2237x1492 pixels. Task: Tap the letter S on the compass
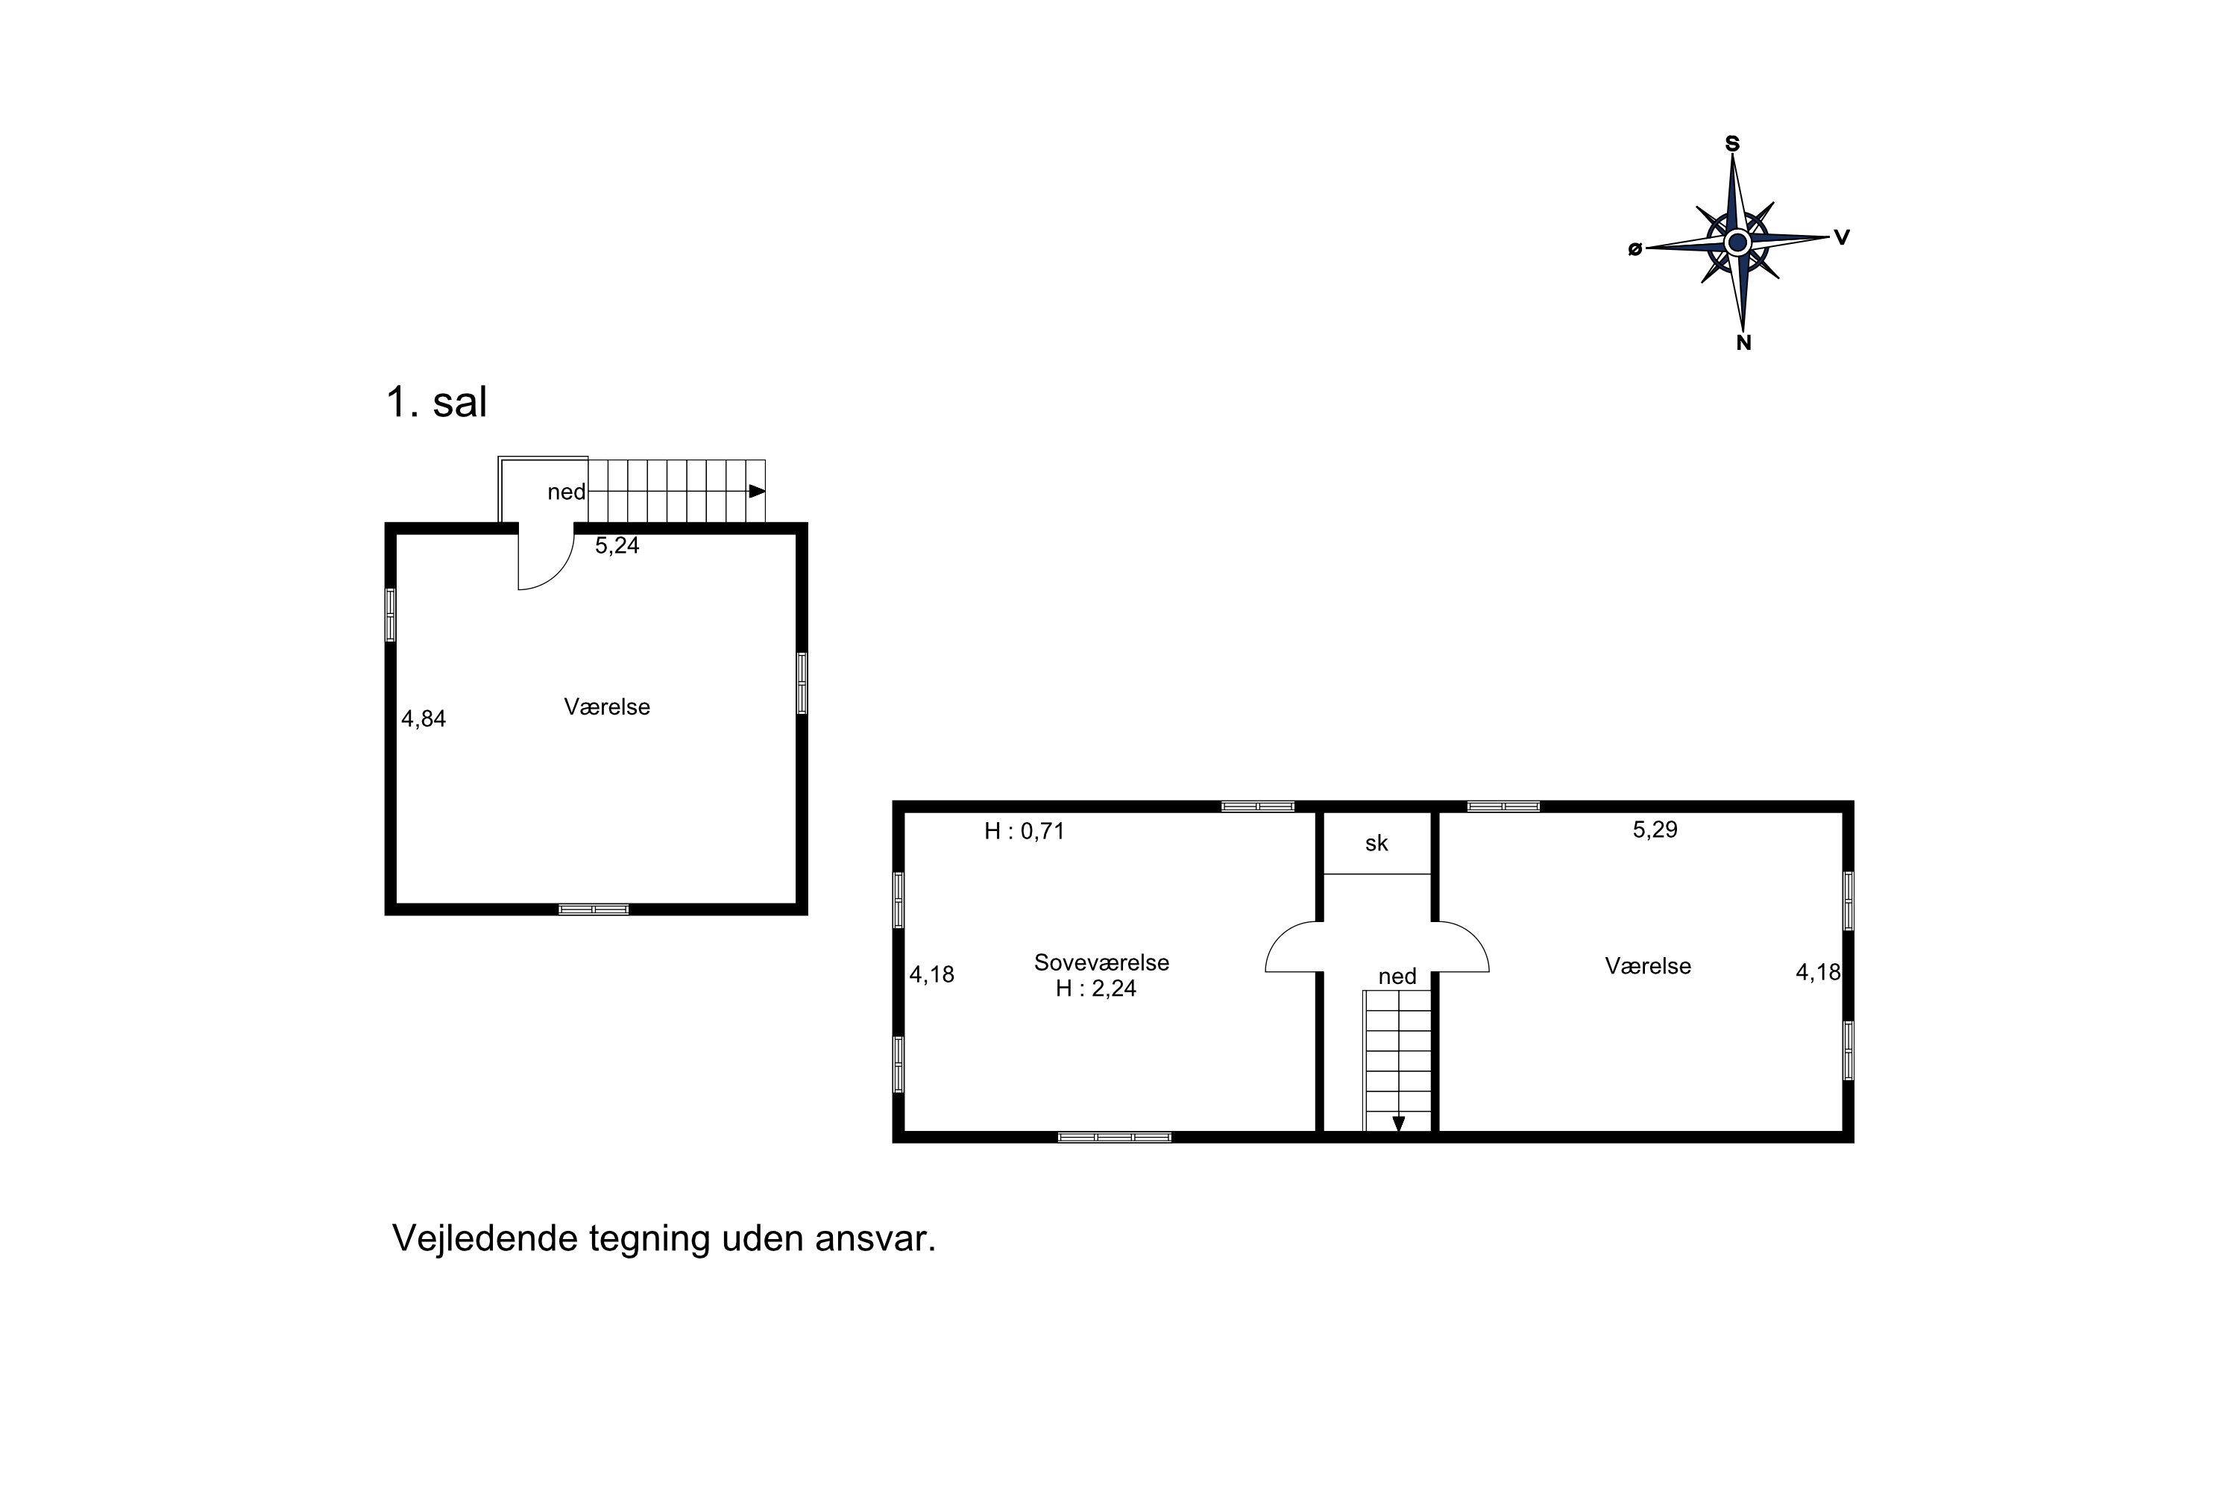pyautogui.click(x=1732, y=144)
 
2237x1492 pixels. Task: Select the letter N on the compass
pyautogui.click(x=1743, y=343)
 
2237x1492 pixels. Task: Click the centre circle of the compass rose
pyautogui.click(x=1737, y=242)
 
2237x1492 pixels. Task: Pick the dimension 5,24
pyautogui.click(x=617, y=545)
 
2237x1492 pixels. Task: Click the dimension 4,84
pyautogui.click(x=424, y=718)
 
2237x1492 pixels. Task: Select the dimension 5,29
pyautogui.click(x=1655, y=829)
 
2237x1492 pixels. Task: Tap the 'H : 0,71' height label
pyautogui.click(x=1025, y=831)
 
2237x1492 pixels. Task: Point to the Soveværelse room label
pyautogui.click(x=1101, y=962)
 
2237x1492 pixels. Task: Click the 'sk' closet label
pyautogui.click(x=1377, y=843)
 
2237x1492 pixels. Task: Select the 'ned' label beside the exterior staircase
pyautogui.click(x=567, y=492)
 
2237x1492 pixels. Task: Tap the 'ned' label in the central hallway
pyautogui.click(x=1397, y=977)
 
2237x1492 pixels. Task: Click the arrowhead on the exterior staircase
pyautogui.click(x=757, y=491)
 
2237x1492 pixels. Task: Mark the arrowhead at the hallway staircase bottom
pyautogui.click(x=1398, y=1123)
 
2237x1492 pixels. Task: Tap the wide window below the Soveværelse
pyautogui.click(x=1115, y=1137)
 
